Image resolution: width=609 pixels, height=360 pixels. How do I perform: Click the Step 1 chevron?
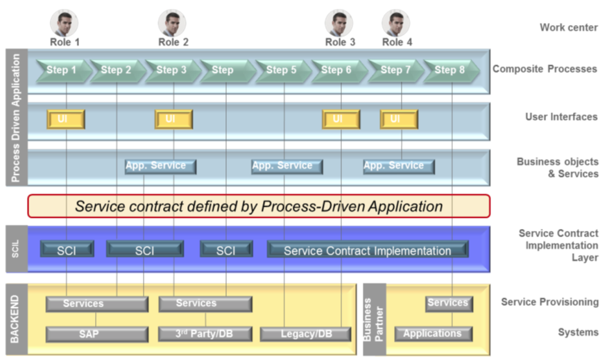60,70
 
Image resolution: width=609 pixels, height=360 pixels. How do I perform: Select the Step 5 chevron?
280,70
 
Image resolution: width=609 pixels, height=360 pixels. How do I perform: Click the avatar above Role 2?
172,23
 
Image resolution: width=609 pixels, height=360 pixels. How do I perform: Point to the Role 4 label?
397,42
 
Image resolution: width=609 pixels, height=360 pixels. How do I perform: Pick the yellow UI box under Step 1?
66,119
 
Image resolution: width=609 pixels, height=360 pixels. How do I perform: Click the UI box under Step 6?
341,119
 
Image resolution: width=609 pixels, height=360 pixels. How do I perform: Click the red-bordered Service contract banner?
259,206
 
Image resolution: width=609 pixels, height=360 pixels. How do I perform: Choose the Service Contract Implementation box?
367,250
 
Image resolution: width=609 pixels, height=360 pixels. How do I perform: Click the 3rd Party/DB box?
205,334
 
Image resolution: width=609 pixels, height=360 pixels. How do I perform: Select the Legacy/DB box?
306,334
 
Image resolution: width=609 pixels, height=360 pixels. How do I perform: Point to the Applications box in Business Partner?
433,334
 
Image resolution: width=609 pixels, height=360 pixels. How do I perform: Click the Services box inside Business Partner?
448,303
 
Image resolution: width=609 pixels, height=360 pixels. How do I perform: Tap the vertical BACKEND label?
16,318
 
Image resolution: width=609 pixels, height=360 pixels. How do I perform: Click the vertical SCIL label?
16,248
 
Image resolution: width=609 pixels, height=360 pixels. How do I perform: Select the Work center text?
568,28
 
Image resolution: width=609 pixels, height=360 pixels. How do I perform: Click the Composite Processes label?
544,69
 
